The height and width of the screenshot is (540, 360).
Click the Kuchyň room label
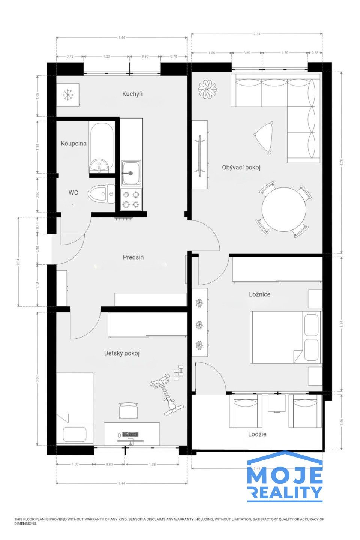click(132, 94)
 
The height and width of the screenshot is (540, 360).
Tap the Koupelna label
click(73, 143)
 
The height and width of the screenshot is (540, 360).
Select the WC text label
click(73, 193)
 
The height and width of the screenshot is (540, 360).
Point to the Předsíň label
click(133, 257)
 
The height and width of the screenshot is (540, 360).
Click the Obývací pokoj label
click(241, 168)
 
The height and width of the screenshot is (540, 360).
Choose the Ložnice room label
click(259, 294)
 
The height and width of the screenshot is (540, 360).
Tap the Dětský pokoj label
click(122, 353)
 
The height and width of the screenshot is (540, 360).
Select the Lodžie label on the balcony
click(257, 434)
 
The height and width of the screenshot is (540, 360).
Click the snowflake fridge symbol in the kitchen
click(67, 95)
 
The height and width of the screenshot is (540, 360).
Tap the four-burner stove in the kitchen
click(131, 199)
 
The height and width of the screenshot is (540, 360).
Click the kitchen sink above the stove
click(131, 173)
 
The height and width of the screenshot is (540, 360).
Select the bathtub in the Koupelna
click(101, 147)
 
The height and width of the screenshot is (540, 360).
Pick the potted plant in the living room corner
click(207, 89)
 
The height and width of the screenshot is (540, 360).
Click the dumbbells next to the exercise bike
click(179, 372)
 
